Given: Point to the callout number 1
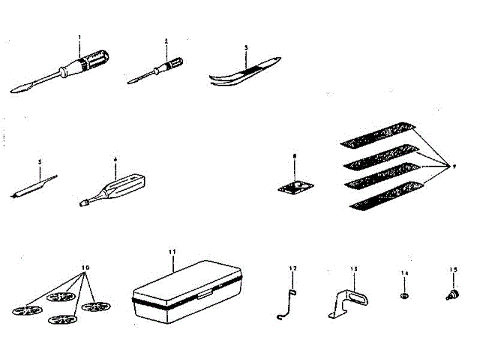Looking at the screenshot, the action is coord(79,37).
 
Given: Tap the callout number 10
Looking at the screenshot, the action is coord(85,267).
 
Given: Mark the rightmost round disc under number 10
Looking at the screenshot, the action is coord(95,306).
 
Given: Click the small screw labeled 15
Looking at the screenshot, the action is coord(453,295).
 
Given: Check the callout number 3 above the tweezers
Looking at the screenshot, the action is coord(245,46).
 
